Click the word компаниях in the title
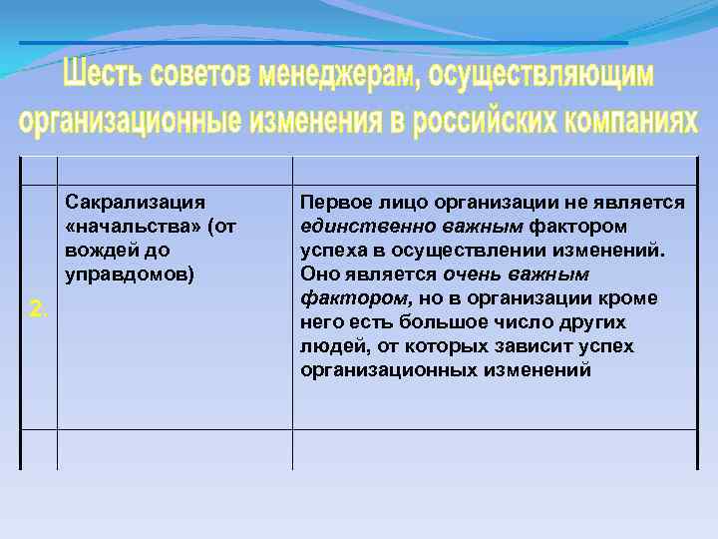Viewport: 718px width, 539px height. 630,121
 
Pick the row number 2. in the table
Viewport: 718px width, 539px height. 38,309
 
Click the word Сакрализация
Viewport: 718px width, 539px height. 135,203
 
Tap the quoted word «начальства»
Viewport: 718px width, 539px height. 129,227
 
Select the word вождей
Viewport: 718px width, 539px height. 96,251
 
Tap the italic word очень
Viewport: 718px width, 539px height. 474,274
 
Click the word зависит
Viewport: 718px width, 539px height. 530,346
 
